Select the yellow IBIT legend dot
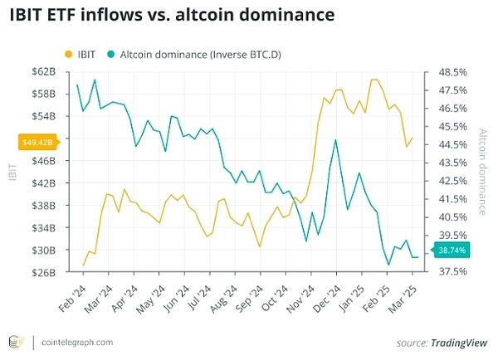point(67,54)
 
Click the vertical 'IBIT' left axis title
point(12,171)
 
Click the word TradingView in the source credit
point(459,343)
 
